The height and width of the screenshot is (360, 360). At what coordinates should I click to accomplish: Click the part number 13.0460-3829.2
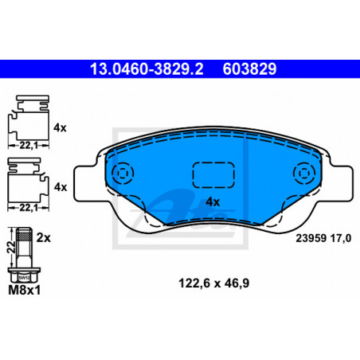coord(147,69)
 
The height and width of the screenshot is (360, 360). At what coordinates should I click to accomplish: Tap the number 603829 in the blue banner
coord(249,69)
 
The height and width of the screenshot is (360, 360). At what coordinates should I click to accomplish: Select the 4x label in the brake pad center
coord(213,202)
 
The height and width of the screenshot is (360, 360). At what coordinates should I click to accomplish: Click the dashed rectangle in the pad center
coord(213,175)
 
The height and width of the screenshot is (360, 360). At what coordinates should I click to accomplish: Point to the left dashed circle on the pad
coord(123,174)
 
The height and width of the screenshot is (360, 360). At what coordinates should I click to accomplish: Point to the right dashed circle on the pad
coord(303,174)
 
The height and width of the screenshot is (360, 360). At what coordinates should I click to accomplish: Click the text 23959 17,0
coord(323,238)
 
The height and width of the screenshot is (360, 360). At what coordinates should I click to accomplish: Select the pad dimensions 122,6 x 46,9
coord(214,284)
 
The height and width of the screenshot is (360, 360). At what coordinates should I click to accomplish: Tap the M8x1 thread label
coord(25,290)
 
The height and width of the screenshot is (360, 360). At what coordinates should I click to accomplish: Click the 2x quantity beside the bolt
coord(43,238)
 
